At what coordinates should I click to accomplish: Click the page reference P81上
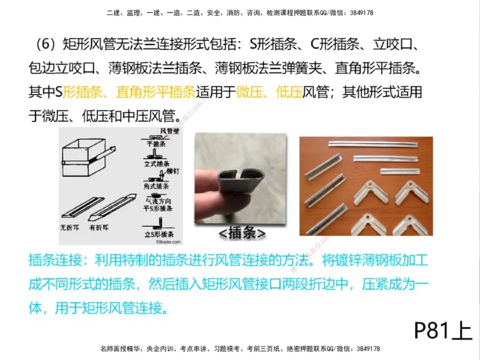(x=443, y=329)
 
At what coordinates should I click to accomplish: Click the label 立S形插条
(x=157, y=233)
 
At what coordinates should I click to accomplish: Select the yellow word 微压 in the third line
(x=250, y=92)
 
